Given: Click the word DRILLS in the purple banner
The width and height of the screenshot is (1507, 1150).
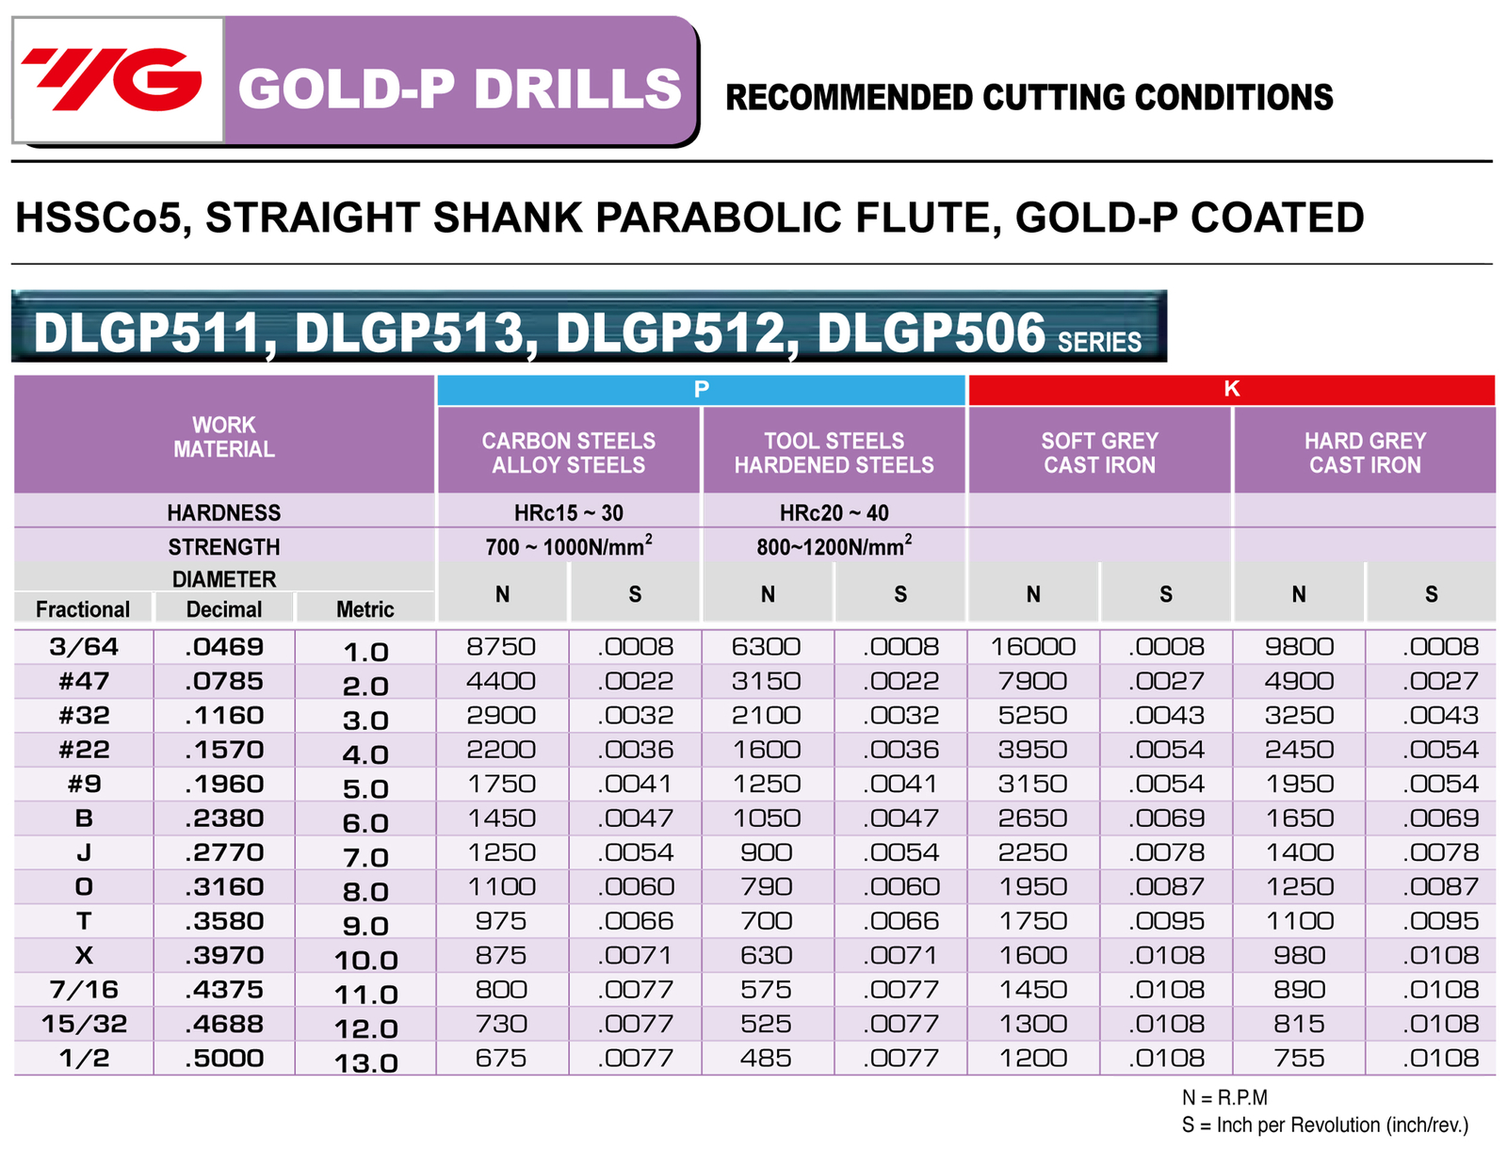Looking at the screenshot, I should [577, 89].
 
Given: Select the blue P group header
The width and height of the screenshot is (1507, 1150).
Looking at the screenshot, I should [701, 389].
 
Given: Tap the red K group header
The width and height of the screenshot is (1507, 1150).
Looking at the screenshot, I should [1231, 389].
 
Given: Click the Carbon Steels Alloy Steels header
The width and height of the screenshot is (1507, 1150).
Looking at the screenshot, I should [568, 453].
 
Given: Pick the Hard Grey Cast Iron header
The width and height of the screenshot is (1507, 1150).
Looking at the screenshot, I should [1365, 453].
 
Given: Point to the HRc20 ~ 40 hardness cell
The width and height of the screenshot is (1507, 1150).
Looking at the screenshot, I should [834, 513].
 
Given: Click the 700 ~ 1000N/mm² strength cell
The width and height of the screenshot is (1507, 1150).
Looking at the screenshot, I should [568, 547].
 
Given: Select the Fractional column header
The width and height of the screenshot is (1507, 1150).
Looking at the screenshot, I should [83, 609].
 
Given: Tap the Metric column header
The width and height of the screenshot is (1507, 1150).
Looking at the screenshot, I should [365, 609].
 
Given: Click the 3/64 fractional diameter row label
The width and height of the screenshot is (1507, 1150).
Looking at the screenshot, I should [84, 647].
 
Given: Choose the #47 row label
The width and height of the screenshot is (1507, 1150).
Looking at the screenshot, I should [84, 681].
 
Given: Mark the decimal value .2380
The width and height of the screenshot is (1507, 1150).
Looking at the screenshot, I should [224, 818].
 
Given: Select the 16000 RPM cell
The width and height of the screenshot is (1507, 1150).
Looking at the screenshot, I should [1033, 647].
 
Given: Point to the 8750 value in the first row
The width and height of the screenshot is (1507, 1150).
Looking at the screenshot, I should [501, 647].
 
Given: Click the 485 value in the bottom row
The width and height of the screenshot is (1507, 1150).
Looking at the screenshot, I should [766, 1059].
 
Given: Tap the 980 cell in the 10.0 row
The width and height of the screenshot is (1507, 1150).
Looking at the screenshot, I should [1299, 956].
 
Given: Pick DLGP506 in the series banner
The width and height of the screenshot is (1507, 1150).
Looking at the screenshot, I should [931, 333].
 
